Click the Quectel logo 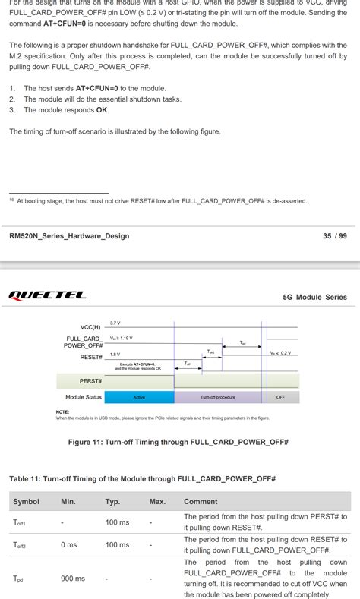(47, 295)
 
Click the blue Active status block (139, 397)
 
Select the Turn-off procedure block (218, 397)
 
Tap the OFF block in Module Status (281, 397)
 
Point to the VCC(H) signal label (90, 327)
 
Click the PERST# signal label (91, 380)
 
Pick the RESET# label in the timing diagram (91, 357)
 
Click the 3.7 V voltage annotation (115, 323)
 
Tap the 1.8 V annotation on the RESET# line (115, 354)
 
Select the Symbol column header (26, 501)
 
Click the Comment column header (201, 501)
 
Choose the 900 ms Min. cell (73, 579)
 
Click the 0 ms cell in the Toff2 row (69, 544)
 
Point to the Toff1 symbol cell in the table (20, 523)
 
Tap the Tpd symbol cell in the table (18, 579)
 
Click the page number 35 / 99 (334, 236)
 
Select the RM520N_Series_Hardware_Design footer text (69, 236)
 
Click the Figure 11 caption (178, 442)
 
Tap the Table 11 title (142, 479)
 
